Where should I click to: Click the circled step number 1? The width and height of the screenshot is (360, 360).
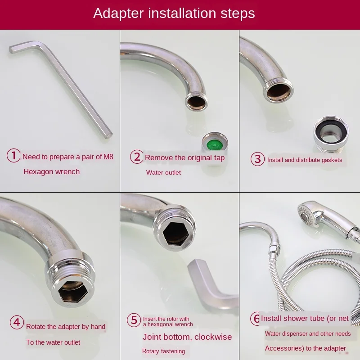pyautogui.click(x=13, y=155)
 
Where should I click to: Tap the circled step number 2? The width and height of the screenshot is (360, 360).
pyautogui.click(x=137, y=157)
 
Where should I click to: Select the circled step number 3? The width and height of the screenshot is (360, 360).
pyautogui.click(x=257, y=159)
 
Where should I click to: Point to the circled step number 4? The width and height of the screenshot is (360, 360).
pyautogui.click(x=17, y=322)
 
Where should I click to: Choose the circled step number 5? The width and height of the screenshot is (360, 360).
pyautogui.click(x=134, y=320)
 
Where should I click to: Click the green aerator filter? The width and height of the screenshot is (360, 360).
pyautogui.click(x=215, y=144)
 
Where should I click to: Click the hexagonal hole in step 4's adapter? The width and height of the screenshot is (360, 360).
pyautogui.click(x=73, y=292)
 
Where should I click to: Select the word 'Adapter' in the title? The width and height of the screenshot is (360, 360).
pyautogui.click(x=118, y=13)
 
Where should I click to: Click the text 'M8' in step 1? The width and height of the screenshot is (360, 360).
pyautogui.click(x=108, y=157)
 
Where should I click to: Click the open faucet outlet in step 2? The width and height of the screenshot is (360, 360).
pyautogui.click(x=197, y=102)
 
